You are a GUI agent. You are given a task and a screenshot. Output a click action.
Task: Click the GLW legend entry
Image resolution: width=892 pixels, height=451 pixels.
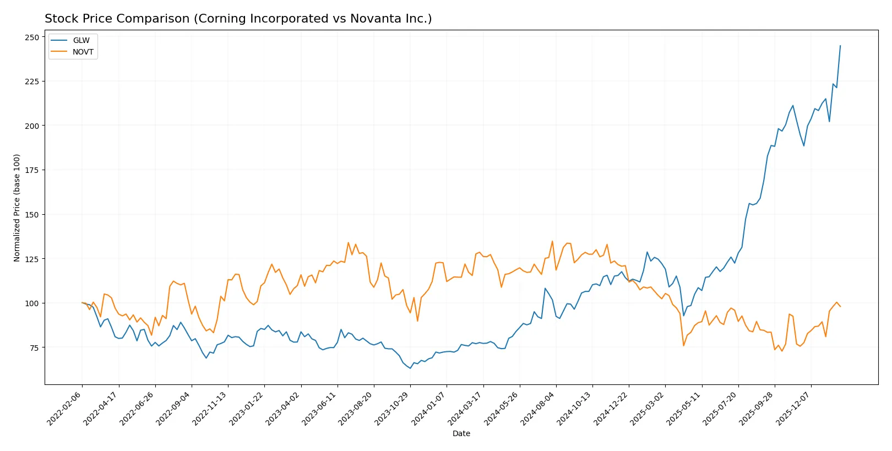[81, 41]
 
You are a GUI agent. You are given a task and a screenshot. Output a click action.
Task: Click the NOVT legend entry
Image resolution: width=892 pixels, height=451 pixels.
[83, 52]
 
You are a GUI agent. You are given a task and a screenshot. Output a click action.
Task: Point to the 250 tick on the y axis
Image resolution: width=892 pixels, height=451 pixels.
[32, 37]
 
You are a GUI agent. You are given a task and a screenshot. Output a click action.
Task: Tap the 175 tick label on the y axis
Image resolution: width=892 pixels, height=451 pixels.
[32, 170]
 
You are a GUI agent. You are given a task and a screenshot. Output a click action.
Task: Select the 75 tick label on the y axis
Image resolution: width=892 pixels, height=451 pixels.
[34, 347]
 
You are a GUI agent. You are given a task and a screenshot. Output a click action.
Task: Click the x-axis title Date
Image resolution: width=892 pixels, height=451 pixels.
[461, 433]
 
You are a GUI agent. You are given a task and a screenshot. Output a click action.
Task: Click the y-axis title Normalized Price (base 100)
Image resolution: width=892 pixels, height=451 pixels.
[17, 208]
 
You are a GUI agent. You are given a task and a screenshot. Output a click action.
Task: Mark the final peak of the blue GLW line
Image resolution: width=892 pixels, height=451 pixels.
[840, 46]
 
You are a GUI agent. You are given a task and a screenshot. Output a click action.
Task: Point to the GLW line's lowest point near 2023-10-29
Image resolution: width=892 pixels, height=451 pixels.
[410, 368]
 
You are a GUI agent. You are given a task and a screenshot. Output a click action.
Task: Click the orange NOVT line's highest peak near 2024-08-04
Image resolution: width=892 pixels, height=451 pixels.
[552, 241]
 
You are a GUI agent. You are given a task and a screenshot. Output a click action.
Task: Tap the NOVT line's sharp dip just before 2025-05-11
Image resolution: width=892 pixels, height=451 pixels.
[683, 345]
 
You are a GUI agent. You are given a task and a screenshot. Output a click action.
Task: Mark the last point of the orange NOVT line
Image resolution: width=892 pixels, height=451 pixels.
[840, 306]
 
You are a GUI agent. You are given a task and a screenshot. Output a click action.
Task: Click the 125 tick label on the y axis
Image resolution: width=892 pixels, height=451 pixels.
[32, 259]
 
